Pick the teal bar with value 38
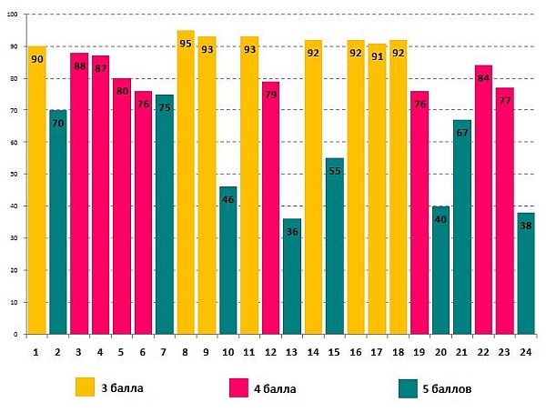tap(525, 273)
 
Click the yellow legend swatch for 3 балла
tap(85, 387)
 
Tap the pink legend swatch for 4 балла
tap(239, 388)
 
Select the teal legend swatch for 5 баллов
tap(409, 388)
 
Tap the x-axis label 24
tap(525, 350)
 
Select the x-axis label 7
tap(165, 350)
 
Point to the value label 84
tap(483, 78)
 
